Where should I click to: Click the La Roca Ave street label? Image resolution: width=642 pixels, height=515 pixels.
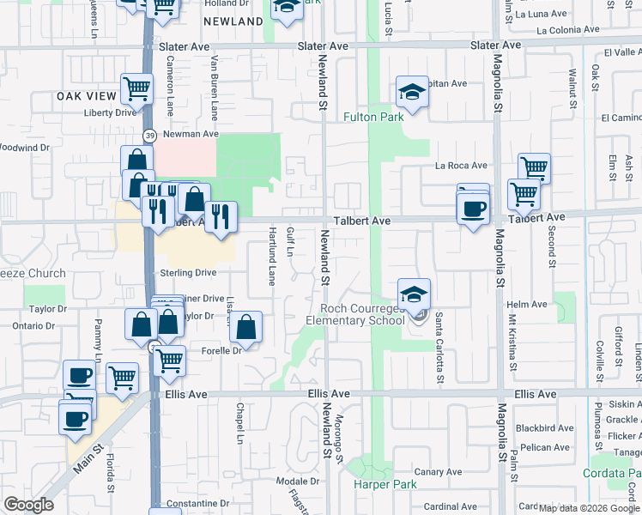click(x=461, y=166)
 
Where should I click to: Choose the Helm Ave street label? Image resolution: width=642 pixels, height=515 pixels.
click(x=527, y=304)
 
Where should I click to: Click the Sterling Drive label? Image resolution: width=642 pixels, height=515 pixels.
click(x=188, y=272)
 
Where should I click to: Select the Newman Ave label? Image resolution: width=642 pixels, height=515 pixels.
click(x=191, y=134)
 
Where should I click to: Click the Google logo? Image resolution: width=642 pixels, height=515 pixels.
click(x=29, y=506)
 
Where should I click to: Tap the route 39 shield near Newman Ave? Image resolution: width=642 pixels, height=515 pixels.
click(x=149, y=136)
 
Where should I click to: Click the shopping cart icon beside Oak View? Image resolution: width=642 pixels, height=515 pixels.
click(x=136, y=87)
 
